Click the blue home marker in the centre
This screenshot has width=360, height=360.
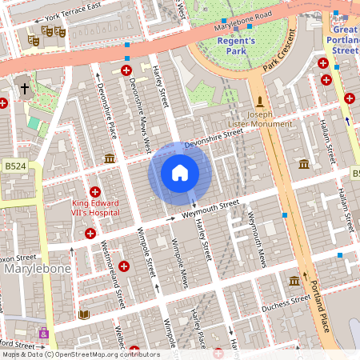click(180, 173)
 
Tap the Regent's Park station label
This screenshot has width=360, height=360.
click(237, 46)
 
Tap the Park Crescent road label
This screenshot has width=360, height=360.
click(279, 62)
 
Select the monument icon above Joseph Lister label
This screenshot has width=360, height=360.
click(259, 101)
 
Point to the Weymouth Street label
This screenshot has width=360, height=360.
click(210, 210)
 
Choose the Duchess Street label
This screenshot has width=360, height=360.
click(286, 303)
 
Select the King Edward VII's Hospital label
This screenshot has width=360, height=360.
click(95, 208)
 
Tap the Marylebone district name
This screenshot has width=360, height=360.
click(38, 269)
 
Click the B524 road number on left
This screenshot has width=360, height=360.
click(14, 166)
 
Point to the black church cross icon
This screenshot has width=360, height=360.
click(25, 88)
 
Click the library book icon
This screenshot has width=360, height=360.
click(83, 315)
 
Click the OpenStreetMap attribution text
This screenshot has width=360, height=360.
click(81, 354)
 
